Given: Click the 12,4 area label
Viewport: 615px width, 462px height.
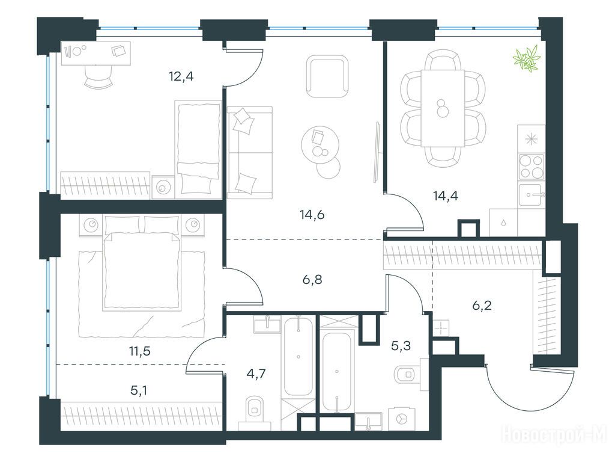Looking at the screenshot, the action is tap(181, 76).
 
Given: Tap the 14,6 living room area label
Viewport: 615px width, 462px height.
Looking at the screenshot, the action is tap(312, 215).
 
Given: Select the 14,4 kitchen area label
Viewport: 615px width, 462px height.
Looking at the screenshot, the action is tap(446, 196).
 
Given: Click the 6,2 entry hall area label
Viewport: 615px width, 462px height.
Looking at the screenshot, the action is tap(482, 305).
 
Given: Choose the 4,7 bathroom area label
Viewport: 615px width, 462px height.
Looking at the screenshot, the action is tap(256, 373).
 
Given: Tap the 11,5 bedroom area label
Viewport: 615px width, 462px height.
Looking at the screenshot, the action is tap(140, 351).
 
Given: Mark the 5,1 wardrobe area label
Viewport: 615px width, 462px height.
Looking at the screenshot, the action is tap(139, 391).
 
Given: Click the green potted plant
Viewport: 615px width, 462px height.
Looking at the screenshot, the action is tap(526, 59).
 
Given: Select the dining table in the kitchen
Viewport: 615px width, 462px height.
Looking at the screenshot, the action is tap(443, 108).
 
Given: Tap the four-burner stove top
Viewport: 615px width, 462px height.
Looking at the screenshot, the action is tap(532, 167).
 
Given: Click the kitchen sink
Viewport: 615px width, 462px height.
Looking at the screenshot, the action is tap(532, 195).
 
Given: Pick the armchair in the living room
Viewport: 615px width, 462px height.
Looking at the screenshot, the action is tap(327, 76).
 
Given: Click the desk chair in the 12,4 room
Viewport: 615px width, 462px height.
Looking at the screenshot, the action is tap(97, 77).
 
